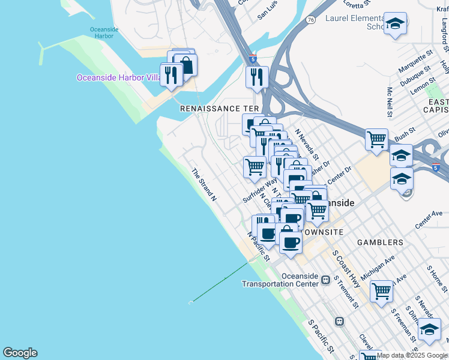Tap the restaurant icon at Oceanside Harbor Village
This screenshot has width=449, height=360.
[172, 74]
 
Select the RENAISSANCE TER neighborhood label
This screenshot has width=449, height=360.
[220, 109]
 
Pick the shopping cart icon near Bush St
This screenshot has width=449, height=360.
[376, 139]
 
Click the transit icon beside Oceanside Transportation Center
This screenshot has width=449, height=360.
[325, 280]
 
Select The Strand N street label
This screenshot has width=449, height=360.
[203, 184]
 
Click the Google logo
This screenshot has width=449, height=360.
[20, 353]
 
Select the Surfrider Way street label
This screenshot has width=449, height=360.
[260, 189]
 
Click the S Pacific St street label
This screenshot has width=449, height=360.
[321, 336]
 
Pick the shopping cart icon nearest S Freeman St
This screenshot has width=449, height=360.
[381, 292]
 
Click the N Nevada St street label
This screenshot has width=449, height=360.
[306, 145]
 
